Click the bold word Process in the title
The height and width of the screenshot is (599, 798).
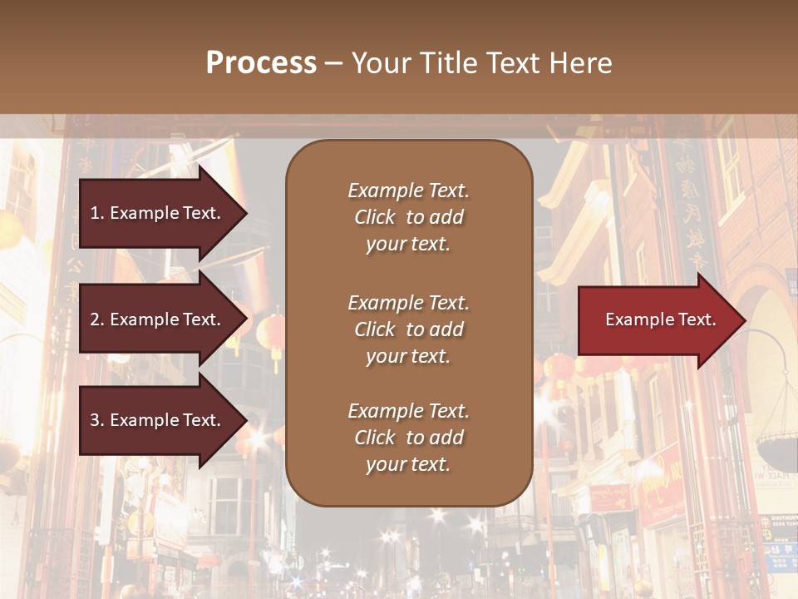[x=261, y=63]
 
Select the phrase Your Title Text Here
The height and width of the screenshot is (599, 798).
[x=481, y=63]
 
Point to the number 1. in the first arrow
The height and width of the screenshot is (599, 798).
[x=97, y=213]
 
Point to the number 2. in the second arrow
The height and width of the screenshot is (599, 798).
[x=97, y=319]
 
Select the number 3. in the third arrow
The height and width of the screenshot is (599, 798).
[x=97, y=420]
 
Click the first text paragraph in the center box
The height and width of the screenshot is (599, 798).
[x=408, y=217]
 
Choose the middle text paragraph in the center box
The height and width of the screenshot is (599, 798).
[x=408, y=329]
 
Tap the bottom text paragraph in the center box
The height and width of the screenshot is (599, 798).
[x=408, y=438]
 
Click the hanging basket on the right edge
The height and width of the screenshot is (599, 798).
[x=777, y=449]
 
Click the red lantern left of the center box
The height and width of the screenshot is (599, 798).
[x=271, y=333]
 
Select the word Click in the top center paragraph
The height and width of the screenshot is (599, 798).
[x=375, y=217]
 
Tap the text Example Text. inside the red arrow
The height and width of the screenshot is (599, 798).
[x=660, y=320]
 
